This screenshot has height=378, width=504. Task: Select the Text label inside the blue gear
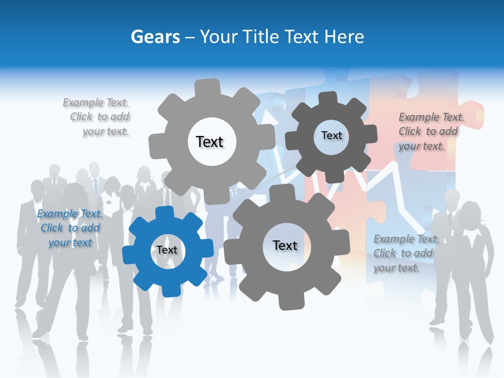[x=167, y=250]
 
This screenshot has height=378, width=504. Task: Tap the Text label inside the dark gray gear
[x=331, y=135]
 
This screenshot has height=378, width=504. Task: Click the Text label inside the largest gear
[x=209, y=142]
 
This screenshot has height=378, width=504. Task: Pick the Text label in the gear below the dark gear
[x=285, y=245]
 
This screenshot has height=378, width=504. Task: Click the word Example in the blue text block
[x=57, y=214]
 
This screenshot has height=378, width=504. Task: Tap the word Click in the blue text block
[x=51, y=228]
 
